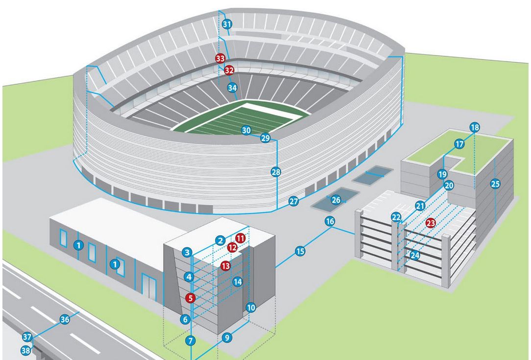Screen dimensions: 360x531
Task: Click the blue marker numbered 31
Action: click(226, 24)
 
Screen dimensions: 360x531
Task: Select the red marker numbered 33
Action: click(220, 58)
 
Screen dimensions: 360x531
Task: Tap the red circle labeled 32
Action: click(229, 70)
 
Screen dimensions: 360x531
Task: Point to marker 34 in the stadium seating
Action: click(232, 88)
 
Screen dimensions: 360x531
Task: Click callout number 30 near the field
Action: click(246, 130)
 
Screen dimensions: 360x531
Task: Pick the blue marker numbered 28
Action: click(276, 172)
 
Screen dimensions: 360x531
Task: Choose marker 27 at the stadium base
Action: click(293, 201)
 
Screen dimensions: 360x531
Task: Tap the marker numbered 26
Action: click(336, 200)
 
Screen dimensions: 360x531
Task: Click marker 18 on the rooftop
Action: click(474, 127)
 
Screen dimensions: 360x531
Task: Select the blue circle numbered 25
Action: click(495, 184)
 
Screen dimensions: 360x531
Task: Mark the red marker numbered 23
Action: click(431, 222)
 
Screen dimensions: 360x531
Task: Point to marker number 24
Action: click(415, 255)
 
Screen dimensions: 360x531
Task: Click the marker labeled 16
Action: click(330, 221)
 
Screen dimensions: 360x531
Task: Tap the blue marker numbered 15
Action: click(300, 251)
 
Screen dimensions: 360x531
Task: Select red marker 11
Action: click(240, 238)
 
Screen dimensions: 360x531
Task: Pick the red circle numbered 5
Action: click(191, 297)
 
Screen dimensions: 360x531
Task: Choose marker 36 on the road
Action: click(65, 319)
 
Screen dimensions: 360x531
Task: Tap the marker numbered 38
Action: click(25, 350)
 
